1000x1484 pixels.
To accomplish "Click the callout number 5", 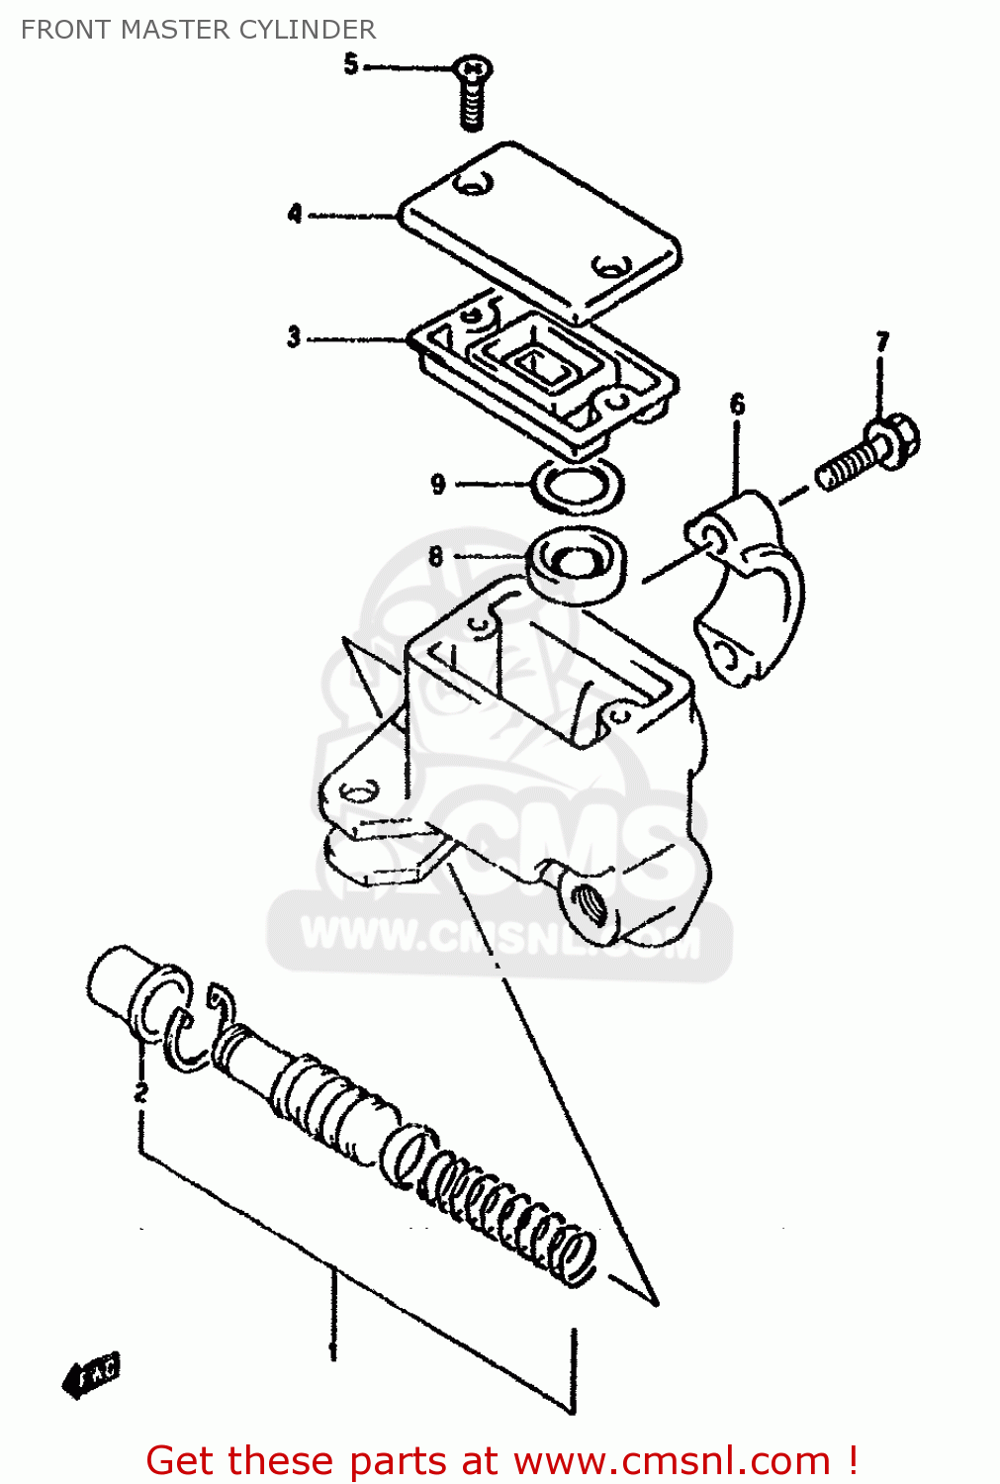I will (x=350, y=64).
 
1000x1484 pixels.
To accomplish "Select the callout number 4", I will (x=295, y=213).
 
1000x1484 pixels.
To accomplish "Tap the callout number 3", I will (x=294, y=336).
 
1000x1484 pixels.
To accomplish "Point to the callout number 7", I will (x=882, y=342).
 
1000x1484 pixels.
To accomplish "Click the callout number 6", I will (x=737, y=404).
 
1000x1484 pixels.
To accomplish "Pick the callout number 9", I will (x=438, y=484).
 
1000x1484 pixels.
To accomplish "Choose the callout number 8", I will (x=436, y=556).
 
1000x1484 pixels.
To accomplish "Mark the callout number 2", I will (x=141, y=1091).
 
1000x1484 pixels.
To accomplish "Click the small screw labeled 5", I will (x=473, y=91).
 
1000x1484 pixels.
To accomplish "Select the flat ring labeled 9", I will (x=578, y=486).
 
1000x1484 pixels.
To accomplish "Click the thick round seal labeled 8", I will (x=577, y=563).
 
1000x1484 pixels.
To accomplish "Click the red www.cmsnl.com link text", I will (x=672, y=1460).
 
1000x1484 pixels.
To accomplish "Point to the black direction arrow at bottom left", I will (x=91, y=1374).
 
